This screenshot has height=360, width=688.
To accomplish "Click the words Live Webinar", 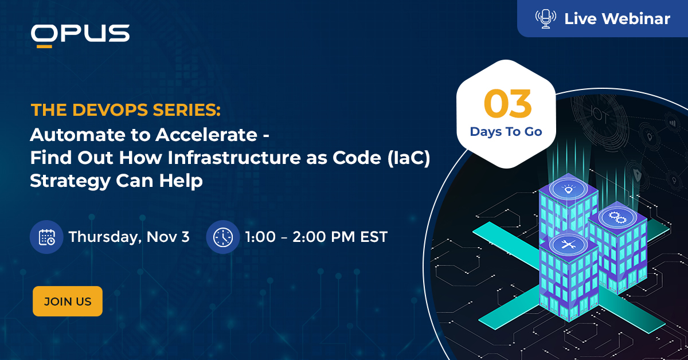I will pos(617,19).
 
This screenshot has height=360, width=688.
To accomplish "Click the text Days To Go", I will pos(506,132).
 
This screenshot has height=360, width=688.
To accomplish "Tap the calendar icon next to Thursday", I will pos(46,237).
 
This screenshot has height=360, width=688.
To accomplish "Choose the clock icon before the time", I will pos(222,237).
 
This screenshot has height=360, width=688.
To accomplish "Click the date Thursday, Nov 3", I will pos(129,237).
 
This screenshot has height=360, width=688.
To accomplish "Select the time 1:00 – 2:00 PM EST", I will pos(316,237).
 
